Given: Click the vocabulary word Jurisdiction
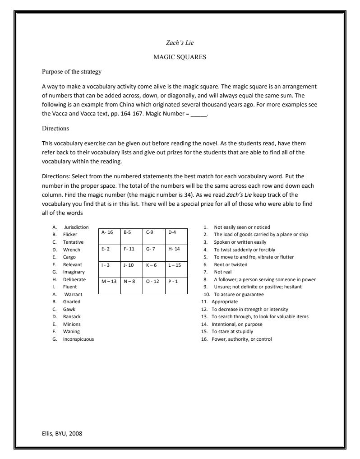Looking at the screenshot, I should tap(76, 227).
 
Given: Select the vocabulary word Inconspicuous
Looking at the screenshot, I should tap(78, 339).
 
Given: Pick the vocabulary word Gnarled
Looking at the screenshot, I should tap(71, 301).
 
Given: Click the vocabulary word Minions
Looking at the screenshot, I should tap(72, 324).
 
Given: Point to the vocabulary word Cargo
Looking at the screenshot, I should tap(69, 257).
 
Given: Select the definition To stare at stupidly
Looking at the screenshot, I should tap(233, 331).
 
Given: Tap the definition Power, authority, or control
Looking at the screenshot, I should tap(241, 339).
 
